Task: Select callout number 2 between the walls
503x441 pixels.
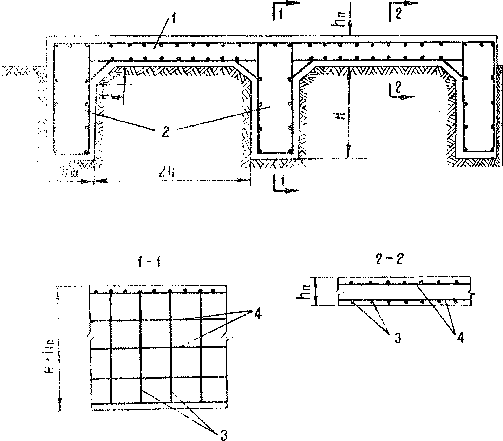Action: click(165, 132)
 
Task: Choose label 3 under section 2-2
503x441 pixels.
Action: click(397, 338)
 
